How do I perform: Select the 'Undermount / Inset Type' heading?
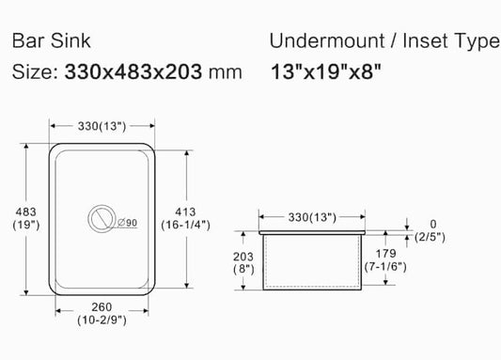pos(384,42)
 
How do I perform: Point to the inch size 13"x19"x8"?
pos(326,71)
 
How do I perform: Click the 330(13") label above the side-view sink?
pos(311,217)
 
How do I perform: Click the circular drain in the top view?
pos(101,218)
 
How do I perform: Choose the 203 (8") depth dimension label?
pos(243,261)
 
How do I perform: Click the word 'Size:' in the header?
pos(35,71)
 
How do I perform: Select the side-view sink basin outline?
pos(312,260)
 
